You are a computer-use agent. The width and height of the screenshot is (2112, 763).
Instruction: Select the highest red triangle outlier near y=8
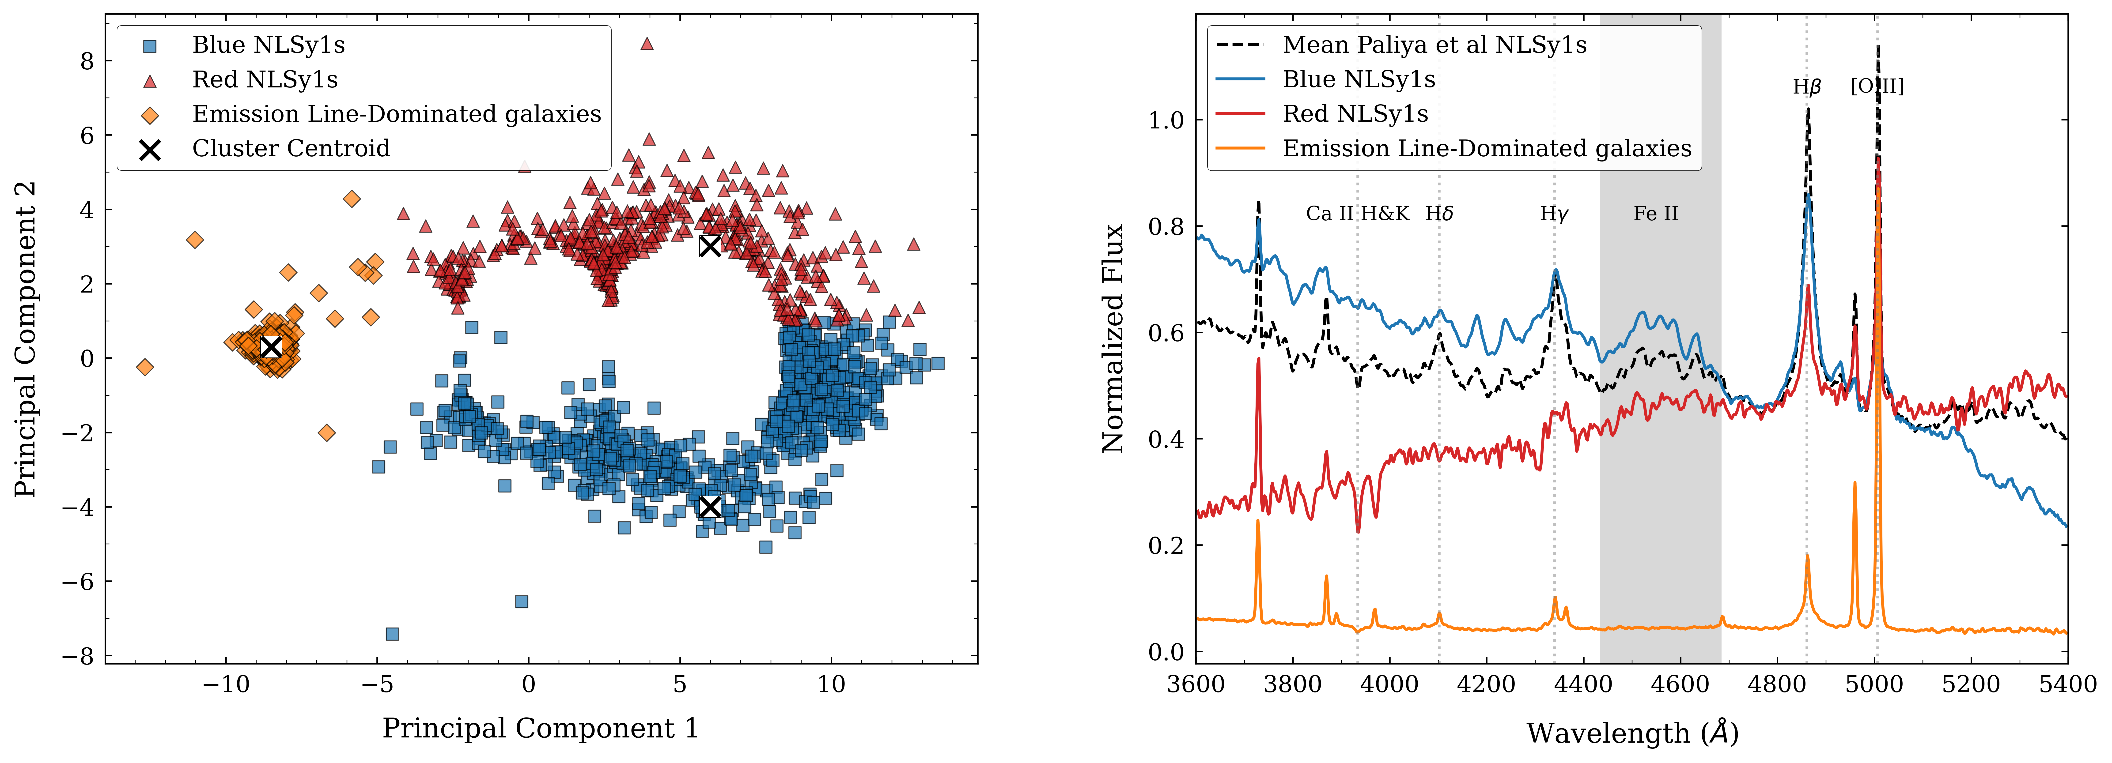coord(647,43)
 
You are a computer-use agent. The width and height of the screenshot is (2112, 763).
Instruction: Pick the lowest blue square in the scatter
coord(392,634)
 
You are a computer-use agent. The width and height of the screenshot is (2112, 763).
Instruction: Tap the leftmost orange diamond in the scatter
coord(145,366)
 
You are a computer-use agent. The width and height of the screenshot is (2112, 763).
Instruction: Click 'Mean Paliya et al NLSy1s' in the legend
coord(1434,45)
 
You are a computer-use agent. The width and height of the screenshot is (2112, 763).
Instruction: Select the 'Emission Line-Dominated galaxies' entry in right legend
coord(1486,148)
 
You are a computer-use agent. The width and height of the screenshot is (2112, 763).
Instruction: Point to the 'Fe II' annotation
coord(1655,214)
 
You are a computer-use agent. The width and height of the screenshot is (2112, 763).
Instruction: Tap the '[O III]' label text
coord(1877,86)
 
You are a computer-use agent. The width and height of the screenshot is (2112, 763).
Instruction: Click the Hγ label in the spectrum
coord(1554,214)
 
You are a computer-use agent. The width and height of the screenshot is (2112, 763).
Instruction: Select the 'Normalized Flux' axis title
coord(1113,338)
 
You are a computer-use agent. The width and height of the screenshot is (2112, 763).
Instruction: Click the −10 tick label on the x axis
coord(225,684)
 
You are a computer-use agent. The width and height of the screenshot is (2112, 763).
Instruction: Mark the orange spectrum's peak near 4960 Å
coord(1855,484)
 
